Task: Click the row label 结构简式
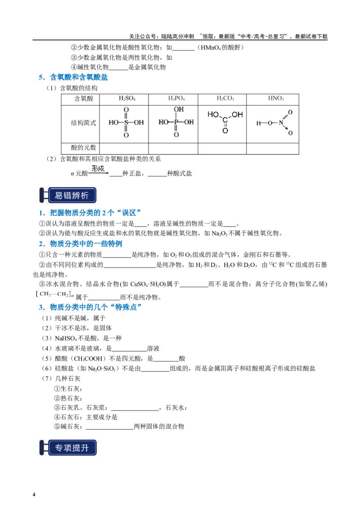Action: click(x=84, y=123)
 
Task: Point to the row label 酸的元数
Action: click(x=84, y=147)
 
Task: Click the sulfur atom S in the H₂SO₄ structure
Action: click(x=126, y=122)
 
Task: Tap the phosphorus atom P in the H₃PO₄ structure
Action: click(x=176, y=122)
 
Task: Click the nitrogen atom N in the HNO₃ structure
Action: click(x=281, y=123)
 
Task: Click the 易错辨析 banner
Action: click(x=68, y=196)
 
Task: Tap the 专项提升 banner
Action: click(x=68, y=448)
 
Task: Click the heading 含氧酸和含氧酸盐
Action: click(x=79, y=77)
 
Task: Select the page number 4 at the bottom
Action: click(x=34, y=495)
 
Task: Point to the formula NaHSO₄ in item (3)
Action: click(x=66, y=338)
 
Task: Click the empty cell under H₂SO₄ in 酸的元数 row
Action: click(x=124, y=149)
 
